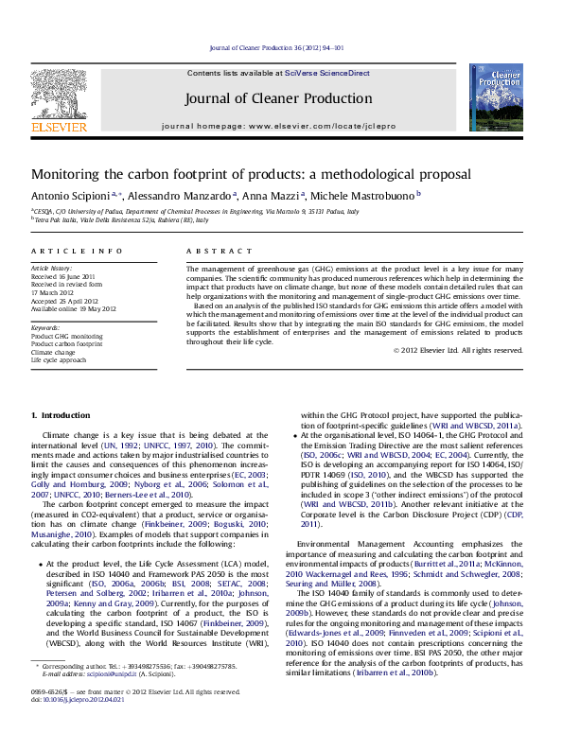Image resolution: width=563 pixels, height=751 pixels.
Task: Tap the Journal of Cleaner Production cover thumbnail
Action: [496, 97]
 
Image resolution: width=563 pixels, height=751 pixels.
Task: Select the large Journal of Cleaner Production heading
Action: [278, 98]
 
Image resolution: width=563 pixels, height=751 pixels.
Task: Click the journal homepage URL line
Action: [278, 126]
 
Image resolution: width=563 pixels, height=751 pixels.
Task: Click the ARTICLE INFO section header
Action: [64, 251]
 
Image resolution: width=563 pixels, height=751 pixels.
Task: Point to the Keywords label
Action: [44, 327]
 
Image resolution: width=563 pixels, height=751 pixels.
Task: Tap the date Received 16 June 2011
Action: [62, 276]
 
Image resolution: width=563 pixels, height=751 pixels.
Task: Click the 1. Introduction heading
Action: [61, 415]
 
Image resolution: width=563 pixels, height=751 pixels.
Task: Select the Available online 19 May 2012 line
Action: [73, 308]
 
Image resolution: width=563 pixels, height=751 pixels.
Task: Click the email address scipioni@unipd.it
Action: [108, 700]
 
